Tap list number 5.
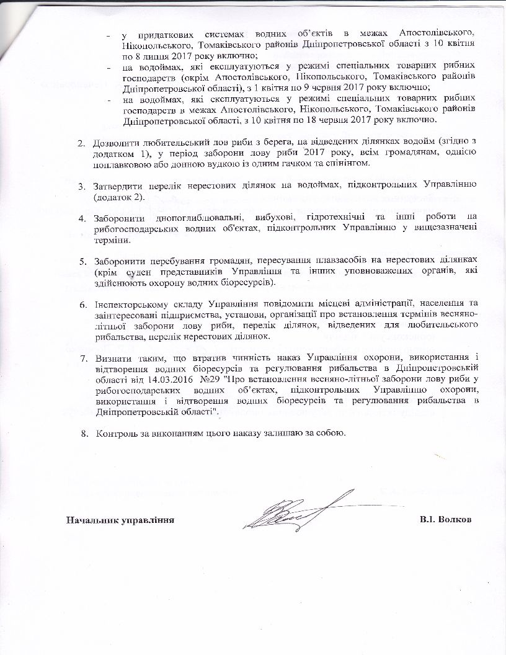pos(81,257)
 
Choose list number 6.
pos(81,304)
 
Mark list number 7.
pos(81,358)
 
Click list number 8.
pos(81,432)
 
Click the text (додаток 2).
pos(119,197)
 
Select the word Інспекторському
pos(131,304)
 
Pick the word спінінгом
pos(350,163)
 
